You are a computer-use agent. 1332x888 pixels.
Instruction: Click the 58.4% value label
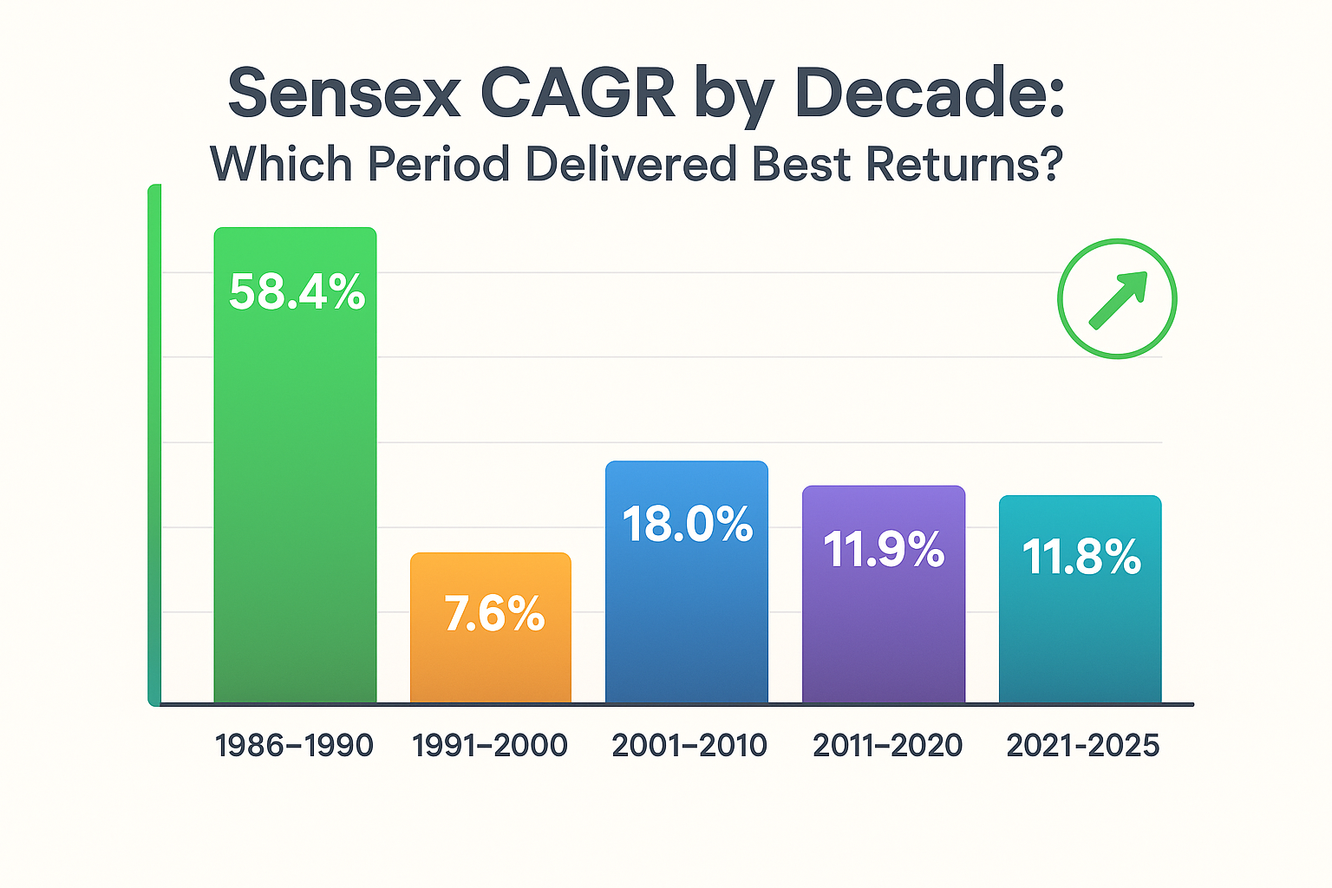point(297,292)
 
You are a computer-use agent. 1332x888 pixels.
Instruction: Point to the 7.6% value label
point(494,614)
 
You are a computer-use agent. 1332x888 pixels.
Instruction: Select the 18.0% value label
point(688,525)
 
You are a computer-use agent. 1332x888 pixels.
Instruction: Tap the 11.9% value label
point(884,550)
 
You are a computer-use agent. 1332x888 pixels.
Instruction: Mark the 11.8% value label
point(1081,557)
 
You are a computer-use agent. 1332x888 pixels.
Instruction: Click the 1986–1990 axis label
point(294,746)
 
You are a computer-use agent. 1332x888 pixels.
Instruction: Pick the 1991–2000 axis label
point(490,746)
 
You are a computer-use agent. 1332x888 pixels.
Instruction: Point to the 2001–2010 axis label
point(689,746)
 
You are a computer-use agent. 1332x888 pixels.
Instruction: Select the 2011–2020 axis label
point(887,746)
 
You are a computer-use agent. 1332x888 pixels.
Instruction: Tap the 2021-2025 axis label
point(1082,746)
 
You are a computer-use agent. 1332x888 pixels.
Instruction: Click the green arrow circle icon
point(1117,298)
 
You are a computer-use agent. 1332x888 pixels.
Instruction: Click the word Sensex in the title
point(344,94)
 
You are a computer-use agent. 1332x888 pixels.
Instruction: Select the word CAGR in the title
point(578,94)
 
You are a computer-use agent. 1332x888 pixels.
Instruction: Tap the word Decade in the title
point(928,94)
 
